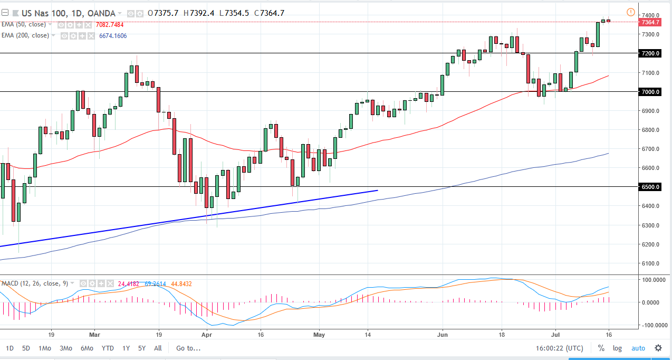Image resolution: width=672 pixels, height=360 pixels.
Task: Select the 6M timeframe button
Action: click(x=87, y=348)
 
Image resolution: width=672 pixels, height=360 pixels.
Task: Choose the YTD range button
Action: click(x=108, y=348)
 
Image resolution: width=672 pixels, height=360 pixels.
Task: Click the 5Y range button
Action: click(x=141, y=348)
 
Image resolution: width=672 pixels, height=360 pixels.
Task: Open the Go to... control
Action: click(x=188, y=348)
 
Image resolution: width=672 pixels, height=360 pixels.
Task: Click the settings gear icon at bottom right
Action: click(x=658, y=348)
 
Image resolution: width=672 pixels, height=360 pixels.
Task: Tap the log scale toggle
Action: click(x=617, y=348)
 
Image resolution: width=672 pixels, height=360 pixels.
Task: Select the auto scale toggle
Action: click(x=638, y=348)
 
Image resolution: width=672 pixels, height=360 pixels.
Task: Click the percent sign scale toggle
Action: click(x=601, y=348)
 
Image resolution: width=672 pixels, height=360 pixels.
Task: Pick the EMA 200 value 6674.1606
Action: click(x=112, y=36)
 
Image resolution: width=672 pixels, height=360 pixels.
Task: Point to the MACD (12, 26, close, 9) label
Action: click(x=34, y=283)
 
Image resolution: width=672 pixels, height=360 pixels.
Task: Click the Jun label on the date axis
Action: click(x=442, y=334)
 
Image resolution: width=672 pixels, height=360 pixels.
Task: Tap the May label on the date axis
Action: click(x=320, y=334)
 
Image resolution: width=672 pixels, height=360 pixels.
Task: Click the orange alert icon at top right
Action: click(x=630, y=12)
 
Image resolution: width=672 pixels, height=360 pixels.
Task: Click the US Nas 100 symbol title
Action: click(x=41, y=13)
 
